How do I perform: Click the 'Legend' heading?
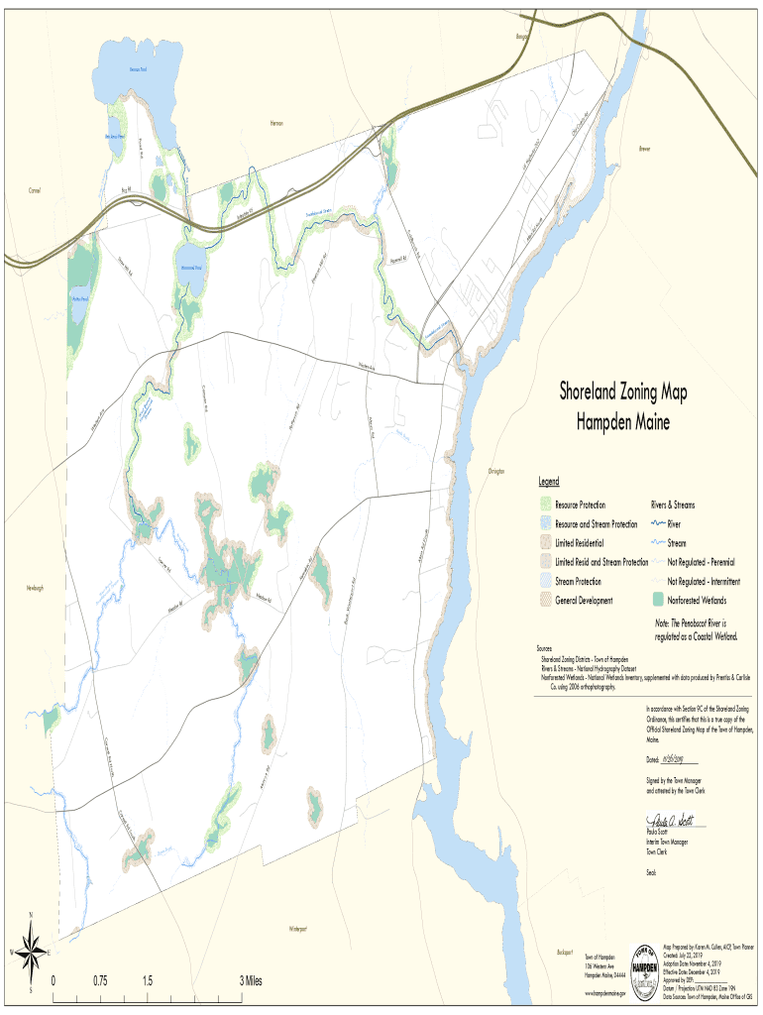pyautogui.click(x=548, y=482)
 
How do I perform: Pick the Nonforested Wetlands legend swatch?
pyautogui.click(x=656, y=600)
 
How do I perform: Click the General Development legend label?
pyautogui.click(x=584, y=601)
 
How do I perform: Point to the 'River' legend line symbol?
pyautogui.click(x=656, y=524)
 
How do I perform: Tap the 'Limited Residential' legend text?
pyautogui.click(x=579, y=543)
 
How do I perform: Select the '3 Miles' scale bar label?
pyautogui.click(x=252, y=980)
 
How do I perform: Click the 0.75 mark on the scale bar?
pyautogui.click(x=100, y=980)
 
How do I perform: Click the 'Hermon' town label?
pyautogui.click(x=276, y=123)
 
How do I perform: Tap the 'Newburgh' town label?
pyautogui.click(x=35, y=588)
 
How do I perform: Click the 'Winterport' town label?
pyautogui.click(x=298, y=929)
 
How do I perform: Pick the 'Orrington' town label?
pyautogui.click(x=496, y=471)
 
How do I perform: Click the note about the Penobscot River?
pyautogui.click(x=697, y=629)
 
